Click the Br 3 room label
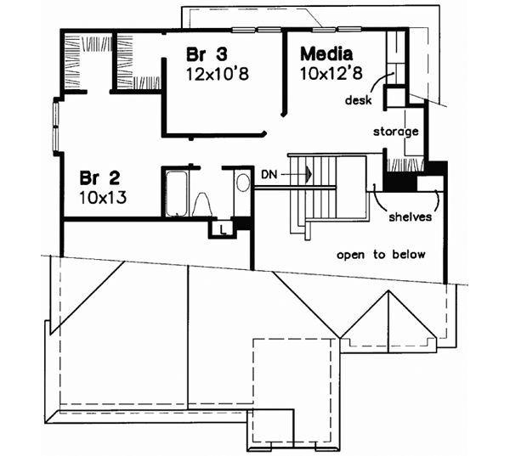click(206, 54)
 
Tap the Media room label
click(326, 54)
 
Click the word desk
click(358, 100)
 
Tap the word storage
click(395, 132)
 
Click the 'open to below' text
click(380, 255)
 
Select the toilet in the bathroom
click(204, 205)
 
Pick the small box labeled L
click(221, 228)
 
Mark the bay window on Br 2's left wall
click(57, 127)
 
